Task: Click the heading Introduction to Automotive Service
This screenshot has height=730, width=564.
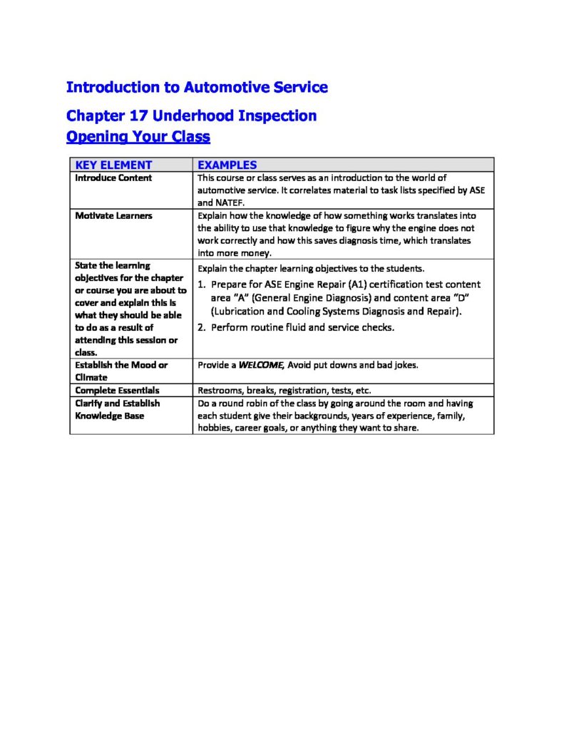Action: pos(197,88)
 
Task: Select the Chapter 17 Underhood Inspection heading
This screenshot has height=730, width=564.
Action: pos(191,115)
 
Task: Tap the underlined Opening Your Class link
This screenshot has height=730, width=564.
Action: pos(138,136)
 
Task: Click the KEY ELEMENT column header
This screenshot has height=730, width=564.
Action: pos(113,165)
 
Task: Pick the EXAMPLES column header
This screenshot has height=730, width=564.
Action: pos(227,165)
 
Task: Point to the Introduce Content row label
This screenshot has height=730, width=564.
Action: pos(113,178)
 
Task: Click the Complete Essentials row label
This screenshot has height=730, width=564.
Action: pos(117,391)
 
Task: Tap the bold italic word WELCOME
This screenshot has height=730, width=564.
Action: pos(261,365)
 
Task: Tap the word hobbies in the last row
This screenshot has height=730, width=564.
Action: pos(213,428)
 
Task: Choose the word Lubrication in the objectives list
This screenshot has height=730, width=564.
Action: pos(243,312)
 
